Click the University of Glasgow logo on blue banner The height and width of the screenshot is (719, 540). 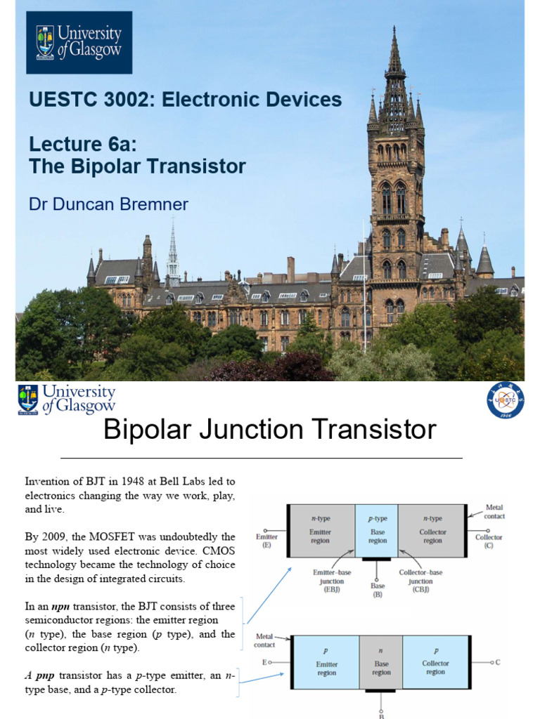pos(79,42)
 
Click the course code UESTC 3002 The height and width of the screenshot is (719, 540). pos(91,100)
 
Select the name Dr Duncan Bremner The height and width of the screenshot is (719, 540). pos(108,204)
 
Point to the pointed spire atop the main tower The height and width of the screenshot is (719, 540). pos(394,49)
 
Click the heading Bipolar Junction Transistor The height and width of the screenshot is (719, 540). pos(270,430)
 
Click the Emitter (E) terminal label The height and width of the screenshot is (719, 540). pos(267,540)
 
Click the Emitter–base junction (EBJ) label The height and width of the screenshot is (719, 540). pos(328,581)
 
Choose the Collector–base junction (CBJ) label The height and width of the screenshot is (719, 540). pos(420,581)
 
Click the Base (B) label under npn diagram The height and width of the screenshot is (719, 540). pos(377,589)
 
